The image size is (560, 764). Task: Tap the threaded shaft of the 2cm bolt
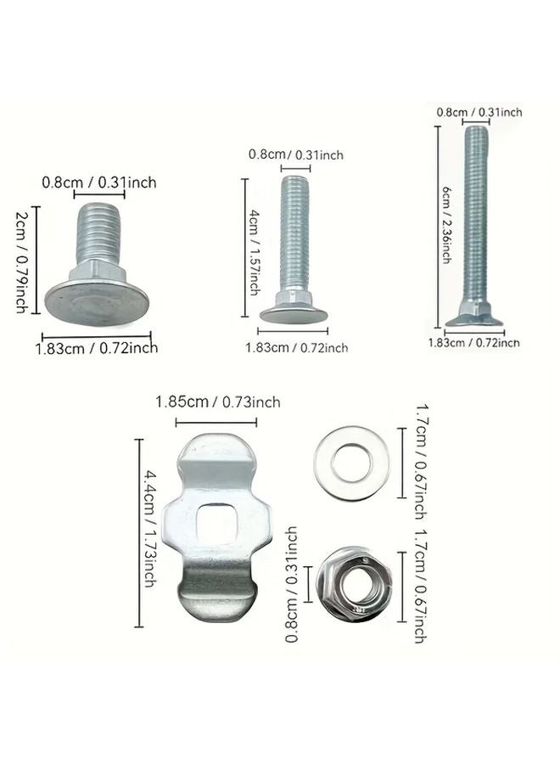pos(101,233)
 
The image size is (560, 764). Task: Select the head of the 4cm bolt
pos(294,313)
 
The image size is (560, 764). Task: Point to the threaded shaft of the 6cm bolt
pos(475,212)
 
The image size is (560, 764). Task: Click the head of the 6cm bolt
pos(473,317)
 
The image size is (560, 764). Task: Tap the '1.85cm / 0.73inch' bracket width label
pos(217,402)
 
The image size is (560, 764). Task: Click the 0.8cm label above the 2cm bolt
pos(99,183)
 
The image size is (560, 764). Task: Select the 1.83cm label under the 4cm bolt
pos(296,347)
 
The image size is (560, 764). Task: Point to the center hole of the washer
pos(350,463)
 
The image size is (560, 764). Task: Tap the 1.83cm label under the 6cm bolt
pos(473,342)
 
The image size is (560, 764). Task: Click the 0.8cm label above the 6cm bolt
pos(479,111)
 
